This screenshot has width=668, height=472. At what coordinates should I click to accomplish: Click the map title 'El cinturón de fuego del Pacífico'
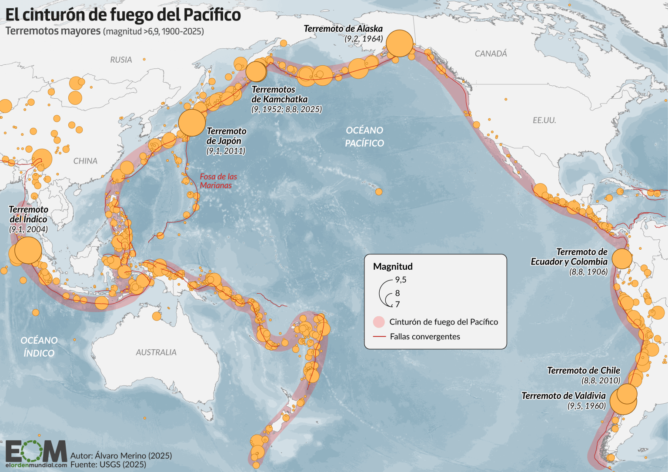(123, 15)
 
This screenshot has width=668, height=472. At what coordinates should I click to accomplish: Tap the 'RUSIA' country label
(121, 60)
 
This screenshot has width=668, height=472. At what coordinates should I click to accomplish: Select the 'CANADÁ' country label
(491, 54)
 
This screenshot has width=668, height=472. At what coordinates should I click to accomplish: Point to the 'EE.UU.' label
(544, 121)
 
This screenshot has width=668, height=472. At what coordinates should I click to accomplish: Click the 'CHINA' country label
(85, 161)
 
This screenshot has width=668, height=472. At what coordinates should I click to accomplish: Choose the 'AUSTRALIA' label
(156, 352)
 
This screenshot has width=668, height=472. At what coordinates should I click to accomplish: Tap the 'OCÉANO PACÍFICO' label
(364, 137)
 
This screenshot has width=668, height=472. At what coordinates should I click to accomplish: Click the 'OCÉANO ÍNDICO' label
(39, 347)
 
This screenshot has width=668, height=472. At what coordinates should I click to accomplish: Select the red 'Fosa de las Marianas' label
(218, 181)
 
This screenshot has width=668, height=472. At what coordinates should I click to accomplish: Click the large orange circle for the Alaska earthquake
(399, 44)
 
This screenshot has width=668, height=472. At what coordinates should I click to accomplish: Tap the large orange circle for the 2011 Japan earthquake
(192, 123)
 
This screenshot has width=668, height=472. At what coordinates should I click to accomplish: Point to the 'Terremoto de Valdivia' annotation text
(564, 396)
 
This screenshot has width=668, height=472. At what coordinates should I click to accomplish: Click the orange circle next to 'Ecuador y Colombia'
(622, 259)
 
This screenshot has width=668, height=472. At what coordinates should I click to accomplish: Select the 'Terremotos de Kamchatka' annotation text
(279, 94)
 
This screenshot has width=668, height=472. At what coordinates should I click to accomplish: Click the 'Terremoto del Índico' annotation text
(29, 214)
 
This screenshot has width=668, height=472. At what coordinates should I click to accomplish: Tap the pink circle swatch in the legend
(379, 322)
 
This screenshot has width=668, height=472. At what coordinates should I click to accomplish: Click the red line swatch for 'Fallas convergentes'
(380, 337)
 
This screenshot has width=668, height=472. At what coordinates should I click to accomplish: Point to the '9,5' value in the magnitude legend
(401, 280)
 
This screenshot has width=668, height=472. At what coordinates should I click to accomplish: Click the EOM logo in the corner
(36, 452)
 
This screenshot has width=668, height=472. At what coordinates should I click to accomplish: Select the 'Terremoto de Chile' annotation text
(584, 371)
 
